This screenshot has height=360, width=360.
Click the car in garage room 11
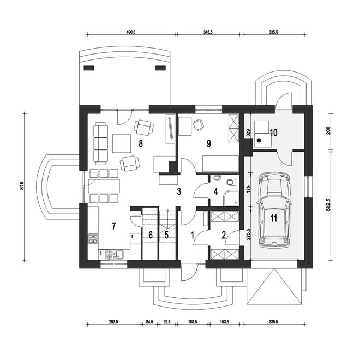click(x=274, y=211)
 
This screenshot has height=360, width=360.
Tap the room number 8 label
click(x=141, y=144)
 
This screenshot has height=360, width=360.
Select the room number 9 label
click(x=209, y=143)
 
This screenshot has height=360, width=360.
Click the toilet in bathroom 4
click(x=230, y=183)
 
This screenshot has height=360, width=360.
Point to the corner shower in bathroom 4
click(x=231, y=197)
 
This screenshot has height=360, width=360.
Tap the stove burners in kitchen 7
click(x=93, y=238)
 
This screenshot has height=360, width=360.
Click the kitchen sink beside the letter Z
click(x=115, y=254)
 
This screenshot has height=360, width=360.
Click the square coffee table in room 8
click(x=121, y=143)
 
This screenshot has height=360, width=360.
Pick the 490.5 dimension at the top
click(x=131, y=32)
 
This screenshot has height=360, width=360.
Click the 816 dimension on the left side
click(x=22, y=186)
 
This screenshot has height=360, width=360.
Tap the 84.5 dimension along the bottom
click(x=149, y=322)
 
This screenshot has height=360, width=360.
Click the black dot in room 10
click(x=259, y=140)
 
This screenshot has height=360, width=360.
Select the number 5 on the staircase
click(x=167, y=235)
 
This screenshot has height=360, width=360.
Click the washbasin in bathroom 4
click(x=217, y=177)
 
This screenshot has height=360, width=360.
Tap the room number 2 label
click(x=224, y=235)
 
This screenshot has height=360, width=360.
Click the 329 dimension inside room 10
click(x=248, y=133)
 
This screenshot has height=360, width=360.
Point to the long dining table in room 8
click(x=104, y=186)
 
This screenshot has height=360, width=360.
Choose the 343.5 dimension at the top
click(x=208, y=32)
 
